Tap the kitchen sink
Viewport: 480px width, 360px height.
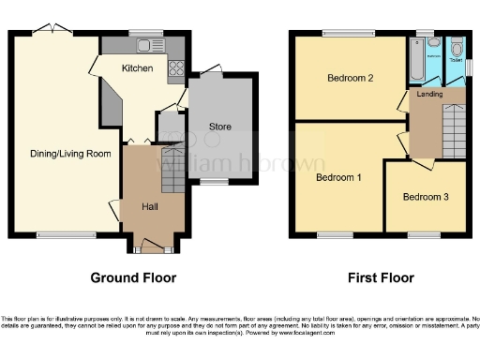(x=146, y=45)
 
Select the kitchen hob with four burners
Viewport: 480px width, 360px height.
(x=175, y=67)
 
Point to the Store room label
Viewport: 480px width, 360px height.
(x=219, y=127)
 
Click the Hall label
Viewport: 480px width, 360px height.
(x=150, y=205)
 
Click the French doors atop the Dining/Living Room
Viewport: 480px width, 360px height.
(x=50, y=32)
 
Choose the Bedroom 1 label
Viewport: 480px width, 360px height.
(x=338, y=176)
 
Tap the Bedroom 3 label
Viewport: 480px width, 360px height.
(x=426, y=197)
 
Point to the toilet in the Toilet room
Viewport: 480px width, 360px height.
(x=456, y=50)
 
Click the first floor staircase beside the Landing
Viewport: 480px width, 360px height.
(x=452, y=122)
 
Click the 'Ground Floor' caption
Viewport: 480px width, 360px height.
(x=133, y=277)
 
